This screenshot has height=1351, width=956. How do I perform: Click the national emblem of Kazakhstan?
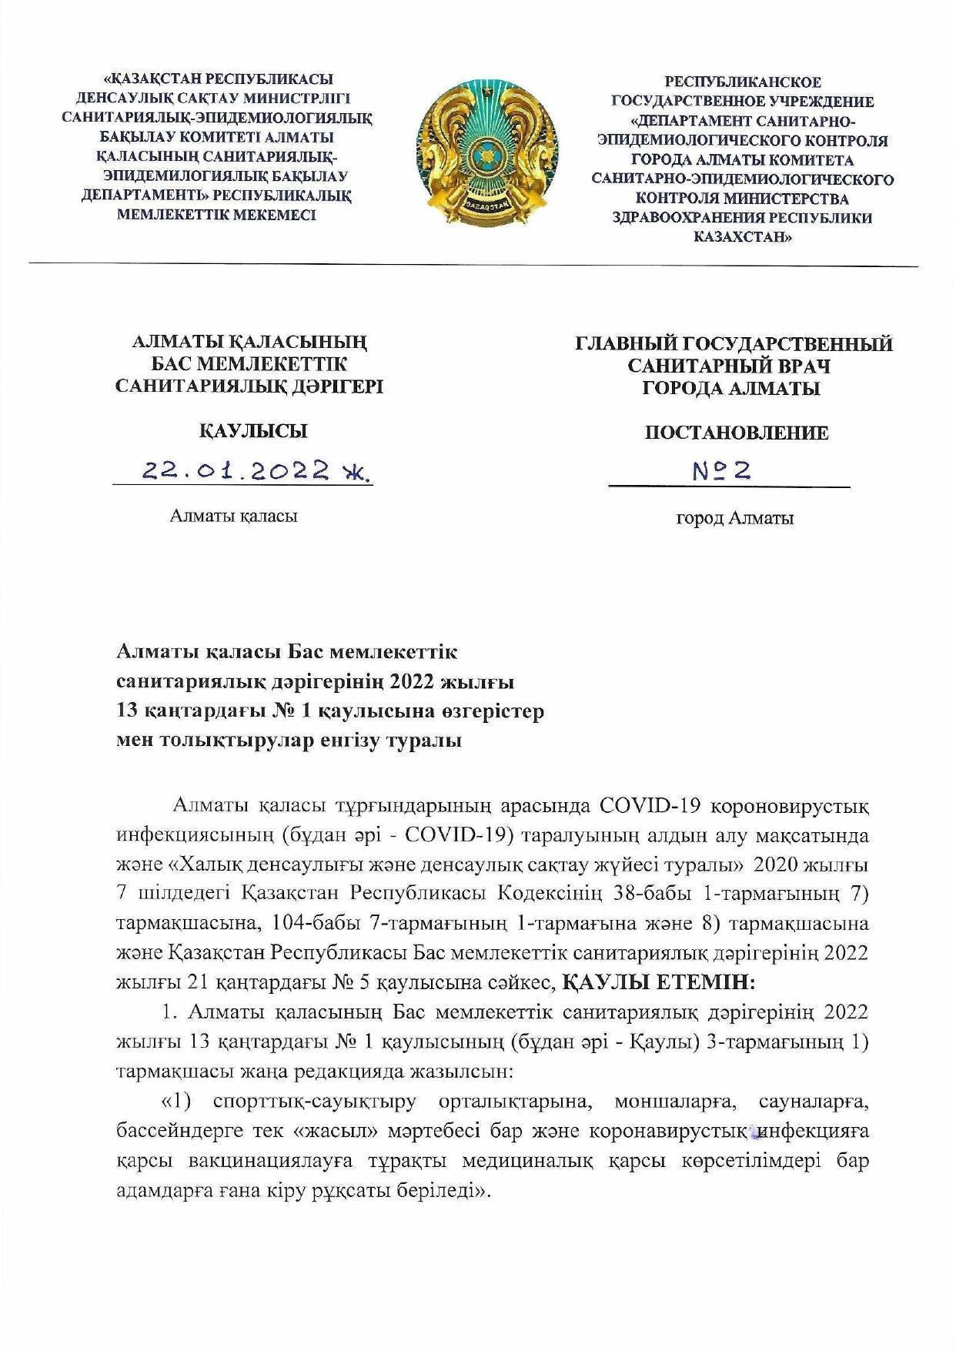tap(486, 151)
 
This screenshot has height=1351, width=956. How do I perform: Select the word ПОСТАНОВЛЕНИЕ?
tap(737, 433)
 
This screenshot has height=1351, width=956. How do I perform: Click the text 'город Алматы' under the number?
tap(735, 518)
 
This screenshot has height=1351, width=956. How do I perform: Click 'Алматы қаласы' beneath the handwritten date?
tap(234, 516)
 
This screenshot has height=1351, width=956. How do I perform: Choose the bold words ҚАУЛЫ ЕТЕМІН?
tap(660, 982)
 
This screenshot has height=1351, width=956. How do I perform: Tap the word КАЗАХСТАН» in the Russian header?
tap(743, 237)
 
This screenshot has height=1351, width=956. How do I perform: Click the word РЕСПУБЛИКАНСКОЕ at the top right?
tap(743, 82)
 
